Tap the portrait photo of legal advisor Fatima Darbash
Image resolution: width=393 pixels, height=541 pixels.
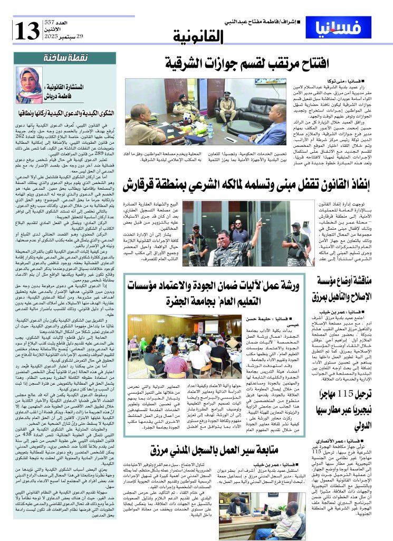[30, 85]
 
